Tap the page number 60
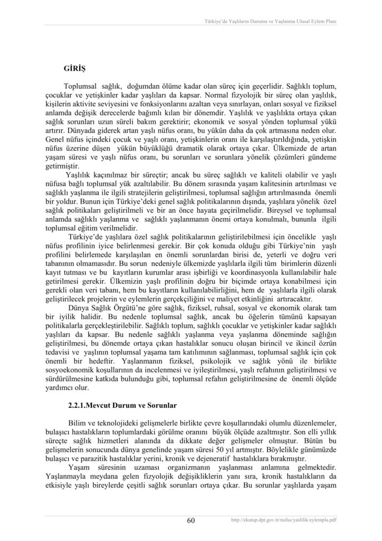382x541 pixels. click(191, 520)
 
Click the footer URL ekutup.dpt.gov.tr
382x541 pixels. click(284, 520)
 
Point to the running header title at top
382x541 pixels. click(271, 22)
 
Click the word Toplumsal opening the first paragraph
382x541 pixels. click(84, 86)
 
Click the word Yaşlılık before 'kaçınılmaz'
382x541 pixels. click(81, 175)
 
